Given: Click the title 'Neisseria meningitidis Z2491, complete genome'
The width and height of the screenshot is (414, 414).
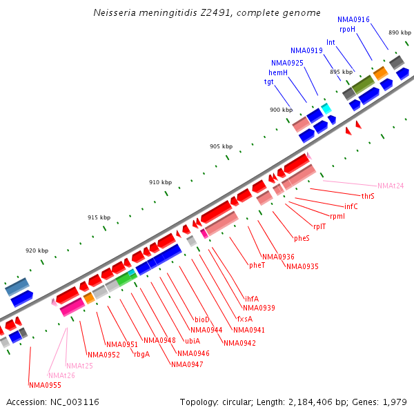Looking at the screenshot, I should click(x=207, y=12).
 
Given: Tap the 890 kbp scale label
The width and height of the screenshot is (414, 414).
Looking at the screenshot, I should click(x=400, y=32).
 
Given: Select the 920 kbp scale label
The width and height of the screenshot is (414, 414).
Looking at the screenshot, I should click(x=37, y=250).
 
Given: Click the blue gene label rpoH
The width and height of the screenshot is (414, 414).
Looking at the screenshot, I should click(x=347, y=29).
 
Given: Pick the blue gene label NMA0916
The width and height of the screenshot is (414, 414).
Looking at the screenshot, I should click(x=353, y=19).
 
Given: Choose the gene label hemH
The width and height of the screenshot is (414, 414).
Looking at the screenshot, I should click(x=278, y=72).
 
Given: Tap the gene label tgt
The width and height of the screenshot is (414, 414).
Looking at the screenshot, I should click(x=269, y=81).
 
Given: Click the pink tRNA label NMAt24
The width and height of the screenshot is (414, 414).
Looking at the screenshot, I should click(x=391, y=186).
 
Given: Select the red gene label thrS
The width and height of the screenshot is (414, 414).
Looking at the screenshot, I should click(x=368, y=196).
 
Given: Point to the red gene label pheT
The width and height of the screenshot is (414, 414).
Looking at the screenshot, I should click(x=257, y=264).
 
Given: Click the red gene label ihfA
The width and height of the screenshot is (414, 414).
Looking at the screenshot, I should click(x=252, y=299).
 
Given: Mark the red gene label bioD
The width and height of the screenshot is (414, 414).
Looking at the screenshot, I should click(x=201, y=319).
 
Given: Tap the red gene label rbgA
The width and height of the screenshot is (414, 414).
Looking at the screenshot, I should click(x=141, y=354).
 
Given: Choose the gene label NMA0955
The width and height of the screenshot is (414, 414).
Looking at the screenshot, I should click(x=44, y=385).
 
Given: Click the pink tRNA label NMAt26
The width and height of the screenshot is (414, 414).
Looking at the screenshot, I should click(x=61, y=375).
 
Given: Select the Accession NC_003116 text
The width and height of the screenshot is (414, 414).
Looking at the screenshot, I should click(x=52, y=402).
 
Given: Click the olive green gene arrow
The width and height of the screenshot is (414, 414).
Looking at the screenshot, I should click(x=364, y=84).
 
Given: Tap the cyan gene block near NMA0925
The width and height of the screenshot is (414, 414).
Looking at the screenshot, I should click(x=326, y=108).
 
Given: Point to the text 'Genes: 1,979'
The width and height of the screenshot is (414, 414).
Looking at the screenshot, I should click(x=384, y=402).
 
